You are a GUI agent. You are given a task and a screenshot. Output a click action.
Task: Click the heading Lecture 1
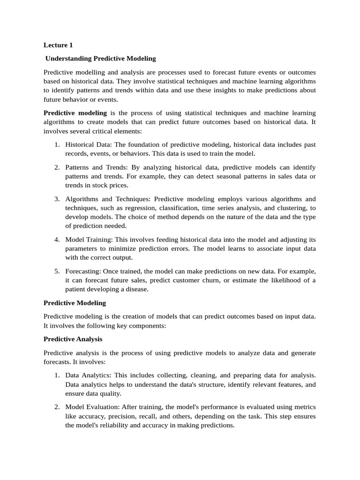[58, 45]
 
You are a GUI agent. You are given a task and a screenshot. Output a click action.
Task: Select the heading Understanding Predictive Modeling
[100, 59]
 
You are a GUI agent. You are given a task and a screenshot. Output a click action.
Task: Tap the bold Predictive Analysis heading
[73, 339]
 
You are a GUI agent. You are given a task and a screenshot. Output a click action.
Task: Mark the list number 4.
[56, 239]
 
